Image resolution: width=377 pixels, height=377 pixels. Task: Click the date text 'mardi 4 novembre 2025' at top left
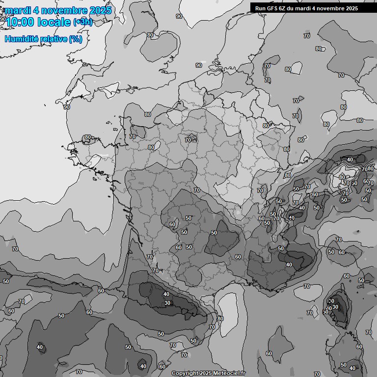[x=58, y=10]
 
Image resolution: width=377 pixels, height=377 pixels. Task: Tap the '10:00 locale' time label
[x=38, y=22]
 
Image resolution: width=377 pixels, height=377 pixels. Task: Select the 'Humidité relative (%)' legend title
[x=43, y=39]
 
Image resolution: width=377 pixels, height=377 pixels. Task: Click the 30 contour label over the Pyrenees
[x=167, y=303]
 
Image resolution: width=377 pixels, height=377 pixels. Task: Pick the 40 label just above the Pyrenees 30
[x=166, y=294]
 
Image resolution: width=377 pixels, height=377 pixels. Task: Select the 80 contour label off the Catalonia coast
[x=220, y=319]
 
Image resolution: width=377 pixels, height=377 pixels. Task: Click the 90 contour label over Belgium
[x=199, y=65]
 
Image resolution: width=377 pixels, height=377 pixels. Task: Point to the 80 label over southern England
[x=150, y=35]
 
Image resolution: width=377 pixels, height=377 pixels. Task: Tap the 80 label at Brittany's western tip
[x=88, y=137]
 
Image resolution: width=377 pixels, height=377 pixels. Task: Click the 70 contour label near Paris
[x=188, y=140]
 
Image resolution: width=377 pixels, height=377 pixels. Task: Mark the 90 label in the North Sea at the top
[x=179, y=16]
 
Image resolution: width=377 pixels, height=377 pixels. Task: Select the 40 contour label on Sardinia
[x=352, y=368]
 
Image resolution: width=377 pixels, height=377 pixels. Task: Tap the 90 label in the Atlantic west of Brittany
[x=67, y=107]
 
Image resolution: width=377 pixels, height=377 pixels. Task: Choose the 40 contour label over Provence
[x=289, y=265]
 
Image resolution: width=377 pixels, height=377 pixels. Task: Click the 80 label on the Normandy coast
[x=148, y=114]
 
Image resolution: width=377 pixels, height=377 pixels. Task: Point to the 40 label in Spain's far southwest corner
[x=40, y=347]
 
